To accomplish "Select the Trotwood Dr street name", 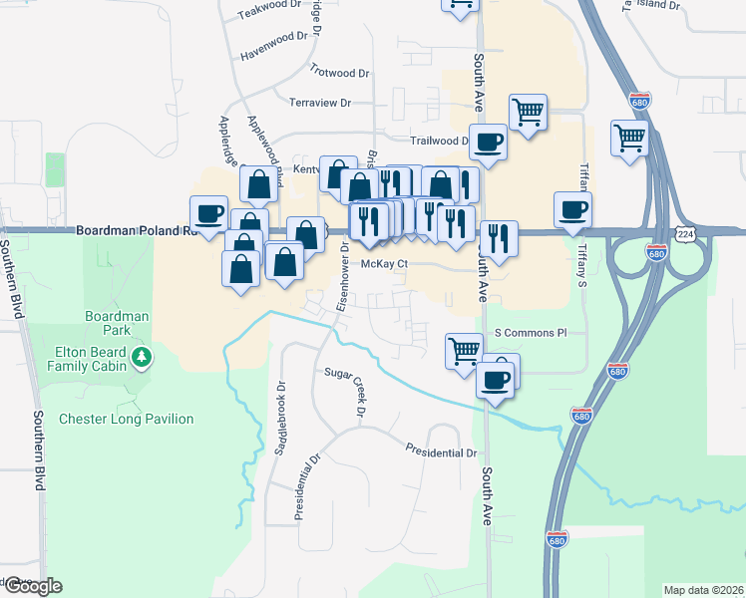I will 339,73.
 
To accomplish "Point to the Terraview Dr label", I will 320,103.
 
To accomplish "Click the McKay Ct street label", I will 385,265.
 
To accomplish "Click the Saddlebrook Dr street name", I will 280,419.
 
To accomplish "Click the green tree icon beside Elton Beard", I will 142,357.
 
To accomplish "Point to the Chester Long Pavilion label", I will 127,419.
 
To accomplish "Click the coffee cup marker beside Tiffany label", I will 572,209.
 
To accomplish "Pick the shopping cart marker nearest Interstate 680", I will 630,140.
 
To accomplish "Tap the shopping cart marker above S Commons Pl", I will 464,350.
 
